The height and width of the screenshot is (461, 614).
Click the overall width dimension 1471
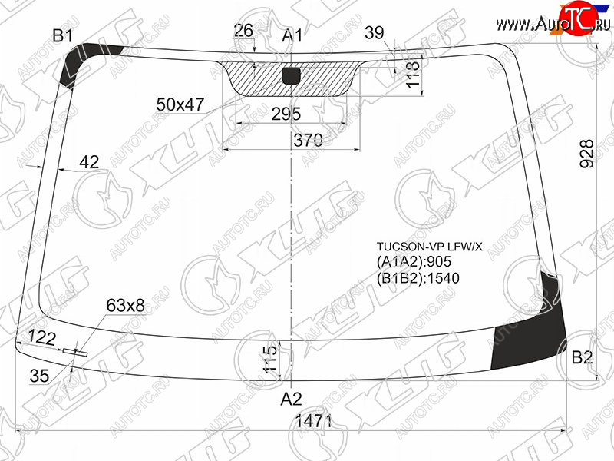[312, 421]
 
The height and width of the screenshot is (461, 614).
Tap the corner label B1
[63, 35]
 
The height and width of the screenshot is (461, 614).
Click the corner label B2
[583, 357]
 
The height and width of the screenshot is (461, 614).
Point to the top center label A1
[292, 35]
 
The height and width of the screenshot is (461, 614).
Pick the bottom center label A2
[292, 399]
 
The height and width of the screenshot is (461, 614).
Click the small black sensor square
[291, 75]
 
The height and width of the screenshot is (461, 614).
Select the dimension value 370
[309, 140]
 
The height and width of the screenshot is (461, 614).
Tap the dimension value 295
[286, 114]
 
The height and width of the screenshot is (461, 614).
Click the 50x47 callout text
[180, 104]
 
